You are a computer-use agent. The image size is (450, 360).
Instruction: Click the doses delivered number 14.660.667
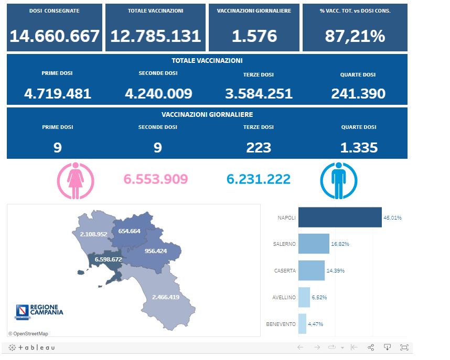pos(55,36)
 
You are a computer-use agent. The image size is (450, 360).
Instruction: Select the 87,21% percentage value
pos(355,36)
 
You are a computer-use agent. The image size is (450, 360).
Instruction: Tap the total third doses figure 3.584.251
pos(259,94)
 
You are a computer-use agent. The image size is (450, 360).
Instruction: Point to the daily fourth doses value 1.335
pos(359,148)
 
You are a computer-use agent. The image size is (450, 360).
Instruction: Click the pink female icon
pos(75,180)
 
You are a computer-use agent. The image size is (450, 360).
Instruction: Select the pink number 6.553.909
pos(156,179)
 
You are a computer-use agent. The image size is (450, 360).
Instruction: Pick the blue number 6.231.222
pos(259,179)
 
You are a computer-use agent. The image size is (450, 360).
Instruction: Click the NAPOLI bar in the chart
pos(340,217)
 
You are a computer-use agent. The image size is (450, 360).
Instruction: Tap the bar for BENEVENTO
pos(302,324)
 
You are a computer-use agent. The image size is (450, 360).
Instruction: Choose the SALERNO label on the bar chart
pos(284,244)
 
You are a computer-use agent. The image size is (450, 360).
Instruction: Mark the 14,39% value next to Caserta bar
pos(336,271)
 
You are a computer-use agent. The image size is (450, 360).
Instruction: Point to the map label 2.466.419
pos(166,297)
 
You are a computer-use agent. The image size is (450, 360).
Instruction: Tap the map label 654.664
pos(129,231)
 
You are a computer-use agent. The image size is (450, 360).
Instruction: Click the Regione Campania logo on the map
pos(39,311)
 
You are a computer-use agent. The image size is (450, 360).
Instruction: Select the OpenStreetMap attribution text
pos(28,333)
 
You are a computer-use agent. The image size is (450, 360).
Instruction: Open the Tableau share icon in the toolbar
pos(371,347)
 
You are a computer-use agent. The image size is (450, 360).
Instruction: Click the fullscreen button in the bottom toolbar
pos(404,347)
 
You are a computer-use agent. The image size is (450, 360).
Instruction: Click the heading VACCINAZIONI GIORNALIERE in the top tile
pos(254,11)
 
